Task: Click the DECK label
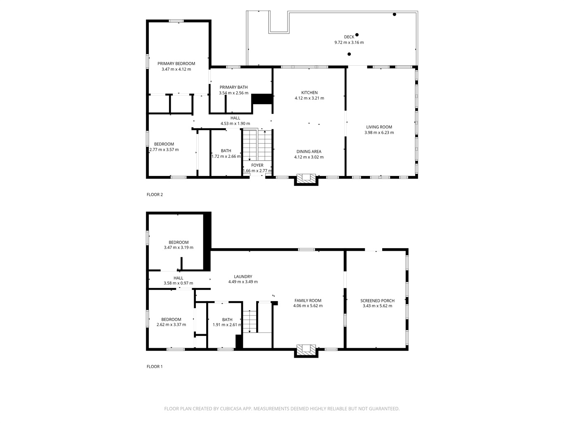coord(349,37)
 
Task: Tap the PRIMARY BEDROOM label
coord(176,64)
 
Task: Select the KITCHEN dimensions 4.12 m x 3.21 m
coord(309,98)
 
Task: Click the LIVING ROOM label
coord(379,127)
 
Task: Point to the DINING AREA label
coord(309,152)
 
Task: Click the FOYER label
coord(257,165)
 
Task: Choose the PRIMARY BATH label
coord(233,87)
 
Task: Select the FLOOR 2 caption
coord(155,195)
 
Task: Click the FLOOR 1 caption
coord(155,366)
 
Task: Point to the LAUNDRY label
coord(243,276)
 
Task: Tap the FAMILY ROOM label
coord(308,300)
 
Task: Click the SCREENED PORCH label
coord(377,300)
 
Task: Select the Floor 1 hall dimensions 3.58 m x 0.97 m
coord(178,283)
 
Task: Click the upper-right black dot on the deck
coord(394,14)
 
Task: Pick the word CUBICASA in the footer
coord(231,409)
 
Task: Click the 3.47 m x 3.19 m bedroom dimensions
coord(178,247)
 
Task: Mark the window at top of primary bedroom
coord(176,21)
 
